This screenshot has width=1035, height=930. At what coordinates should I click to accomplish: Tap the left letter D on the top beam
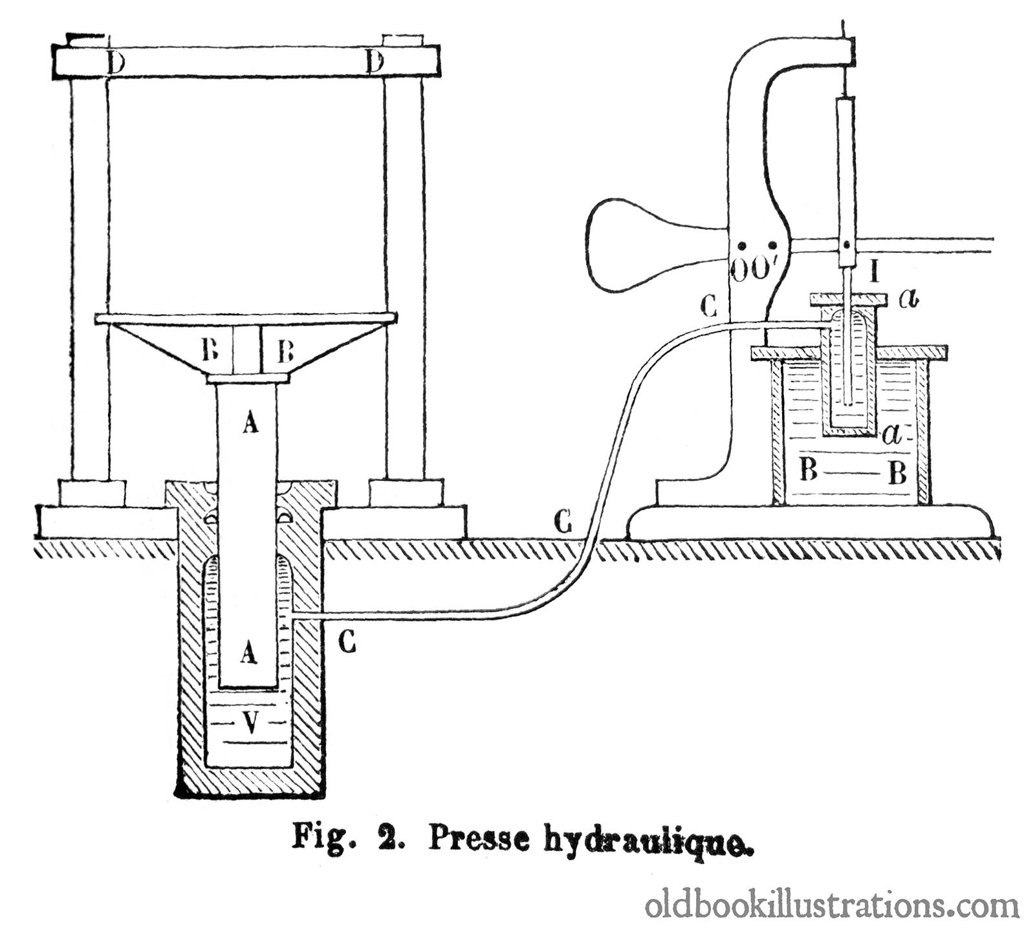pos(116,63)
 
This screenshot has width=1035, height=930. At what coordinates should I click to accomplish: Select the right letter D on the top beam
pos(375,63)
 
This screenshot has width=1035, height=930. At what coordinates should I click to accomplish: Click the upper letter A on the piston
pos(250,423)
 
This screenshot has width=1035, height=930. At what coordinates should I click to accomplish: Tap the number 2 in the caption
pos(396,840)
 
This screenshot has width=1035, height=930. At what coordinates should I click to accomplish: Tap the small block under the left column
pos(93,493)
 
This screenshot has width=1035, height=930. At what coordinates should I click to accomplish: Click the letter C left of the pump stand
pos(710,306)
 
